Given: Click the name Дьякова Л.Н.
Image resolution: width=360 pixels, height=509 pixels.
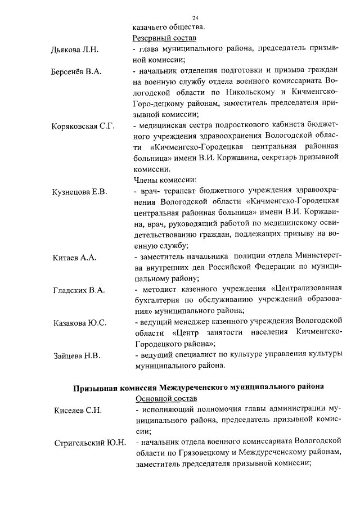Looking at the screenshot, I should pos(75,49).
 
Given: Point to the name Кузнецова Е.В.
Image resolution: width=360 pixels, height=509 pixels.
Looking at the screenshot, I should pos(79,192).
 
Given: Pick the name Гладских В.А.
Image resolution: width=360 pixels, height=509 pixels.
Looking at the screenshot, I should pos(78,290).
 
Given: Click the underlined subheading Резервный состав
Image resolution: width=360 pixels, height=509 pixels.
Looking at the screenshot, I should pos(164,38).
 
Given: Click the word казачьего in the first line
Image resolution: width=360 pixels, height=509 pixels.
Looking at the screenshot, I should pos(150,28).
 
